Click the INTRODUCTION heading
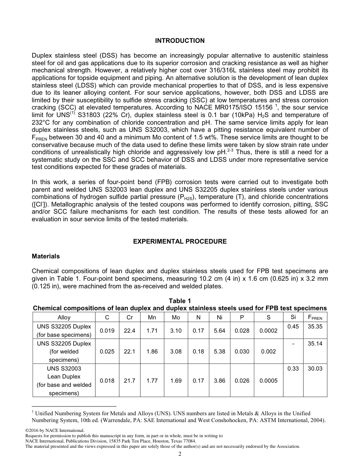pos(180,41)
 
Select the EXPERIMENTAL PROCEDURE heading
pos(180,241)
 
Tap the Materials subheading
pos(46,256)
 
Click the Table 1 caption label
pos(180,301)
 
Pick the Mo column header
pos(176,317)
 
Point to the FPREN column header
pos(315,317)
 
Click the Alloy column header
pos(64,317)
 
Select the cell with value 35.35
pos(315,326)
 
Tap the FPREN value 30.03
pos(315,368)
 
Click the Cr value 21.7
pos(130,381)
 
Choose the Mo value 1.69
pos(176,381)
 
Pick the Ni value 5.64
pos(219,330)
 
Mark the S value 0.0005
pos(268,381)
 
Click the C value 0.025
pos(107,352)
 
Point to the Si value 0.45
pos(293,326)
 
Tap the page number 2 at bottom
pos(180,454)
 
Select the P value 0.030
pos(242,352)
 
